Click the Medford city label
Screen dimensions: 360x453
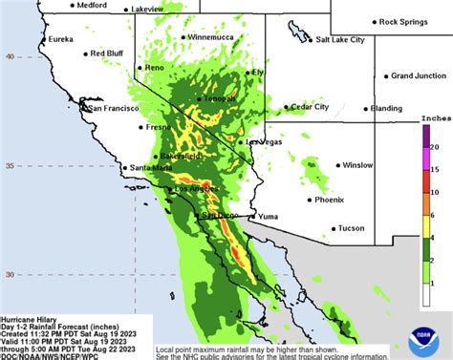pos(92,5)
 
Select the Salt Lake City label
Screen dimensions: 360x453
pos(334,40)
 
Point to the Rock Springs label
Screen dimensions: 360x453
pos(401,21)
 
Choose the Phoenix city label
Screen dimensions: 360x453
pos(330,200)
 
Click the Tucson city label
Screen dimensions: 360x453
pos(352,228)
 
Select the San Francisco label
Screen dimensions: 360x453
pos(115,109)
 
